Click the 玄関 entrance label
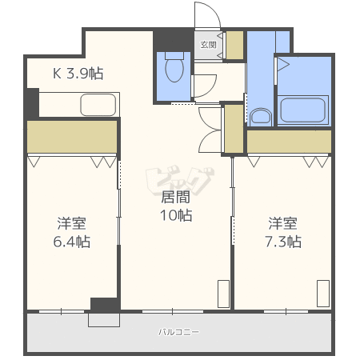click(207, 45)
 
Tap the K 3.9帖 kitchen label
click(78, 73)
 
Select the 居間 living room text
click(176, 196)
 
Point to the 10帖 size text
click(176, 214)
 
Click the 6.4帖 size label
click(71, 242)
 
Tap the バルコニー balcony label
click(178, 331)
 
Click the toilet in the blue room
click(174, 70)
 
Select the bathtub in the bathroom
click(302, 109)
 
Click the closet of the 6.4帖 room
click(72, 137)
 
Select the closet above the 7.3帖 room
click(288, 142)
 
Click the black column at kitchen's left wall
click(31, 102)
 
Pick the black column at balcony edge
click(104, 305)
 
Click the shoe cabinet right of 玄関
click(234, 45)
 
